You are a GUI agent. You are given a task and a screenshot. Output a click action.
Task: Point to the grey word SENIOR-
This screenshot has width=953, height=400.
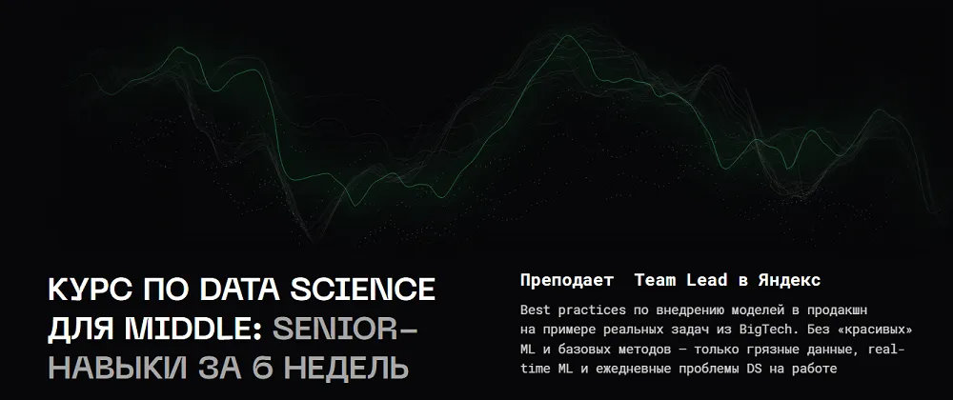pos(345,329)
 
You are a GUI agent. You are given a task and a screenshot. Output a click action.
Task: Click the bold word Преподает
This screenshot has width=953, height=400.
pos(567,280)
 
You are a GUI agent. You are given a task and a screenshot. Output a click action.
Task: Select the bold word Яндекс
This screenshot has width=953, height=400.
pos(789,280)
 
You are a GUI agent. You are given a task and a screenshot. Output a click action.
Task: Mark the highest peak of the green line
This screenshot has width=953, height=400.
pos(568,35)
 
